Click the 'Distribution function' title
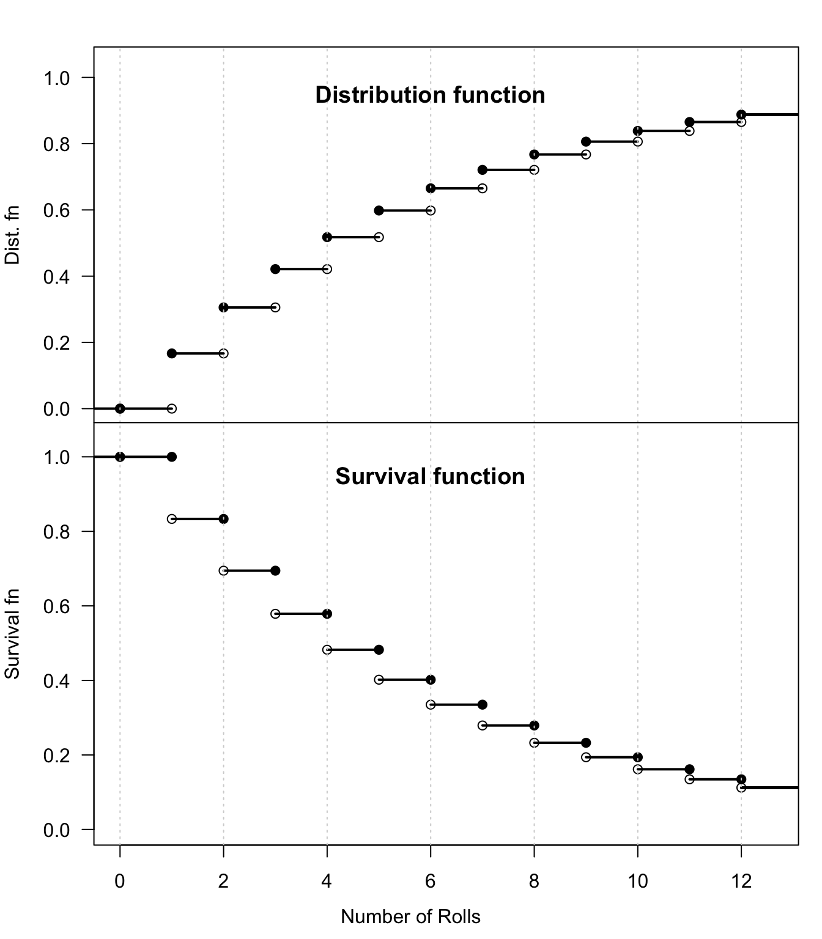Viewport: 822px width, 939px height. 430,95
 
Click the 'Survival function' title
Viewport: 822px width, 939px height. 430,477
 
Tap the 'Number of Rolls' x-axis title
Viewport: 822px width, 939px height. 410,917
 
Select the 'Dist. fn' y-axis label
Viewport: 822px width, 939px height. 12,235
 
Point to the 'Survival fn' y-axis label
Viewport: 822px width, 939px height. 12,634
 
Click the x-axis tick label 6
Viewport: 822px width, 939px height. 431,881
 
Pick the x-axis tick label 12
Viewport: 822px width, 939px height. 741,881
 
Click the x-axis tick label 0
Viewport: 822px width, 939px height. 120,881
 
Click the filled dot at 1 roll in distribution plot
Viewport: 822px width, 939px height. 172,353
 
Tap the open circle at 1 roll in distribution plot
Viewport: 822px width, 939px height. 172,408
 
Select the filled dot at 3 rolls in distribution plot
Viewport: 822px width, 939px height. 275,269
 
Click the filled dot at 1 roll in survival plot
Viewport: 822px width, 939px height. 172,457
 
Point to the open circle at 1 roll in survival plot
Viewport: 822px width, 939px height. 172,519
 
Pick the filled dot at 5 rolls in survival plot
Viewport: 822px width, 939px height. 379,650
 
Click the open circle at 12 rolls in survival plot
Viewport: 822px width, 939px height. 741,787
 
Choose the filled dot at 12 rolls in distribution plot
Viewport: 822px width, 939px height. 741,114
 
